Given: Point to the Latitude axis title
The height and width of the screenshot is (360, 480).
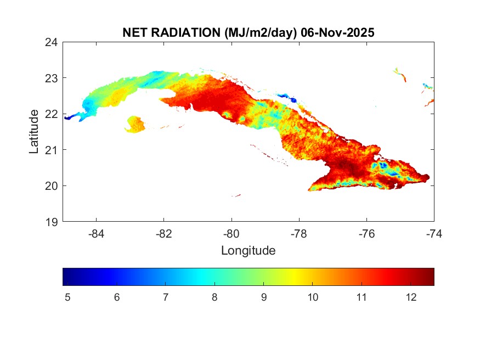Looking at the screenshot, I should click(34, 131).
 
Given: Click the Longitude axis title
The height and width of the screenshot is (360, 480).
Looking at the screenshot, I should click(248, 251).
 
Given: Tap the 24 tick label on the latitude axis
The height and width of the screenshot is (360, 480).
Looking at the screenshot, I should click(52, 42).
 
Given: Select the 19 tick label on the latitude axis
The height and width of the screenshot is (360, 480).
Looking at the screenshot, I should click(52, 222).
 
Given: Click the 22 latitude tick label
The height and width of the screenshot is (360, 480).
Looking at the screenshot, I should click(52, 114).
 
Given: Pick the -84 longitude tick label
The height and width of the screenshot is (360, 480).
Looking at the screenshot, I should click(97, 234).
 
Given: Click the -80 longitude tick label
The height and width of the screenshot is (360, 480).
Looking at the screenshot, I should click(231, 234).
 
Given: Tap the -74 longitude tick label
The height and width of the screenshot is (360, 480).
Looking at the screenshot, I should click(433, 234).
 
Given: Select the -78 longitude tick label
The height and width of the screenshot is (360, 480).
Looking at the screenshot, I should click(299, 234).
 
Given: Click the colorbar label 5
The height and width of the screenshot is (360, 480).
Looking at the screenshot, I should click(68, 297).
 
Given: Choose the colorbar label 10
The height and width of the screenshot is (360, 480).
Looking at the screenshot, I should click(312, 297).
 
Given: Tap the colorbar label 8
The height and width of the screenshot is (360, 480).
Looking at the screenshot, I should click(214, 297).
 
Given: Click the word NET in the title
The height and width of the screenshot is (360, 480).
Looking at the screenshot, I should click(135, 33).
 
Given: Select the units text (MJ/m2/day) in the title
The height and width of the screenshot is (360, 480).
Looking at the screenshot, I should click(261, 33).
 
